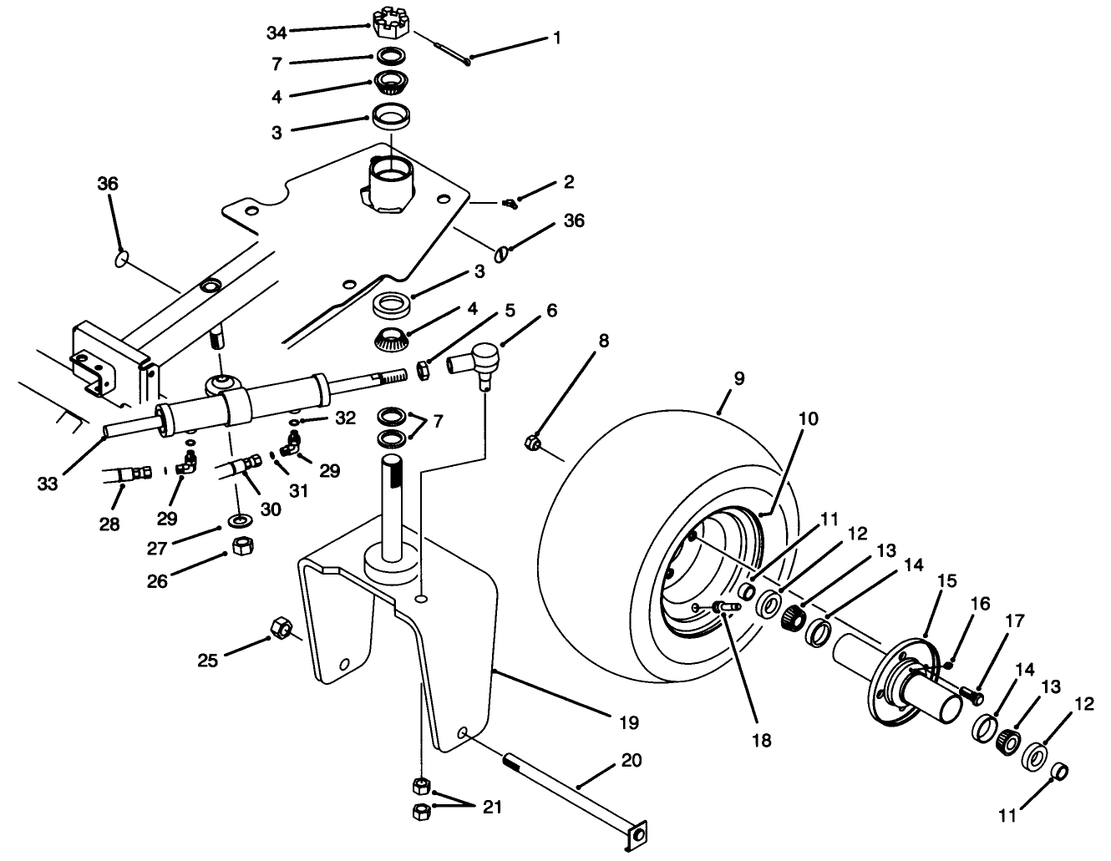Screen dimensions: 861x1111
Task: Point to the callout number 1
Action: (x=556, y=38)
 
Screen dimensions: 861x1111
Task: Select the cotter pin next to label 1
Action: (x=443, y=45)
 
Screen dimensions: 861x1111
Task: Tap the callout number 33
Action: (x=48, y=483)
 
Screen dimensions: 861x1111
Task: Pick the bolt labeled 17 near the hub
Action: (x=971, y=692)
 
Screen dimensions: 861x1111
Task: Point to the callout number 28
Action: (x=109, y=524)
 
